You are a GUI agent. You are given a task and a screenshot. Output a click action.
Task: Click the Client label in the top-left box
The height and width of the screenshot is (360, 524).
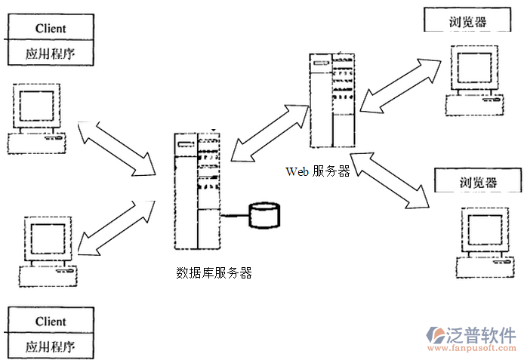(x=51, y=29)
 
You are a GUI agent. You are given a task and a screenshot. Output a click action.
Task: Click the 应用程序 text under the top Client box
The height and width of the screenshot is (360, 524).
(x=51, y=54)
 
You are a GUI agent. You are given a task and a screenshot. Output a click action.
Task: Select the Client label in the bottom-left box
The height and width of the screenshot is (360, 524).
(x=51, y=322)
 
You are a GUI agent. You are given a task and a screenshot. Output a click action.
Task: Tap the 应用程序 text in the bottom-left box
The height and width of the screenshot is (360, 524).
(x=51, y=347)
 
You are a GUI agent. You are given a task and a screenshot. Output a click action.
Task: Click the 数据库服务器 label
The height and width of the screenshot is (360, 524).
(x=214, y=273)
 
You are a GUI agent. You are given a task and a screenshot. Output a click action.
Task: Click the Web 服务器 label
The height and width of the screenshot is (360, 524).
(x=318, y=171)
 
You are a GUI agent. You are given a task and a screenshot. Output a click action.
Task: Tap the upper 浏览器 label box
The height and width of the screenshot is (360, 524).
(x=456, y=20)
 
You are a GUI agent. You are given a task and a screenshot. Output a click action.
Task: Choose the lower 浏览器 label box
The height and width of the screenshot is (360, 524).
(x=468, y=183)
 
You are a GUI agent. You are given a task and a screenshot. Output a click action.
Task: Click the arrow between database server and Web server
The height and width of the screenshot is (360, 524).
(x=270, y=133)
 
